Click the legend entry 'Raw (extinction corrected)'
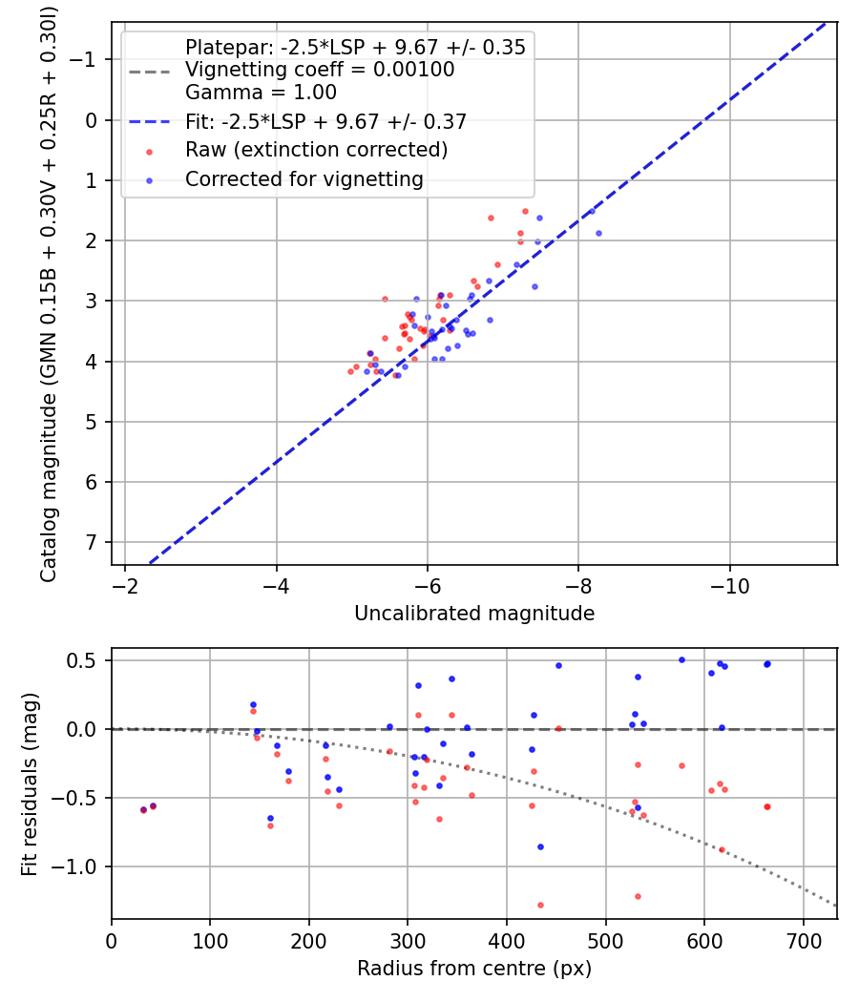point(316,150)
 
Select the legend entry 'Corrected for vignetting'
point(304,178)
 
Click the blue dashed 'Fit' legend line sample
point(149,122)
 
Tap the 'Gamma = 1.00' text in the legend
point(261,93)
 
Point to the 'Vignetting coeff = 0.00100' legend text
point(320,70)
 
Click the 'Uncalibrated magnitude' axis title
point(474,613)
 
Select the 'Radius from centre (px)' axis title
point(474,969)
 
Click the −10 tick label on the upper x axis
point(730,584)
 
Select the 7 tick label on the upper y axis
point(93,542)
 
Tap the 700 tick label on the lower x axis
point(803,939)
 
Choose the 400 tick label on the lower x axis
point(507,939)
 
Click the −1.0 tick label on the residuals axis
point(82,866)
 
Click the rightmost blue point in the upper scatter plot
point(598,233)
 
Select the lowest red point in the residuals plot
point(540,905)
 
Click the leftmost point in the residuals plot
point(143,809)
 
